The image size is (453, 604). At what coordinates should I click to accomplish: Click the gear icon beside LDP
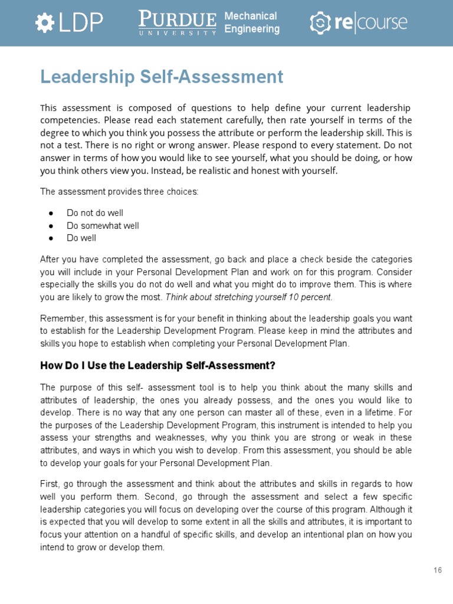point(44,23)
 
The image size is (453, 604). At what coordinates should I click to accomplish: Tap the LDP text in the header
point(80,23)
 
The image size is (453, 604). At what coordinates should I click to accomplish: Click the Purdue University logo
point(178,23)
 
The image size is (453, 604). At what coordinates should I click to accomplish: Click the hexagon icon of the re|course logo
point(320,23)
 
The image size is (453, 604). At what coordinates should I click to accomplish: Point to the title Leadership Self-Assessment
point(162,77)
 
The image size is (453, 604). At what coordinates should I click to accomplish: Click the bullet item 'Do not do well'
point(95,213)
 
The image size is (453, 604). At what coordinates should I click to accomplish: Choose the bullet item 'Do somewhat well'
point(103,226)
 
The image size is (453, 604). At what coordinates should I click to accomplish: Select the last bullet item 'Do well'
point(81,238)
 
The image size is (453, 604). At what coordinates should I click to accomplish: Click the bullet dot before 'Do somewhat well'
point(52,226)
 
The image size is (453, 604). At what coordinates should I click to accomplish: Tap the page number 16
point(437,570)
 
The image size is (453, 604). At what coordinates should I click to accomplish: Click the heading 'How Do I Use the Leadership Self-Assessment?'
point(157,366)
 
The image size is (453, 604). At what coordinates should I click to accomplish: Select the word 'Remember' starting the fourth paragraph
point(60,318)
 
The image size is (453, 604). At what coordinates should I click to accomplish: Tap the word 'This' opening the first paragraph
point(50,108)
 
